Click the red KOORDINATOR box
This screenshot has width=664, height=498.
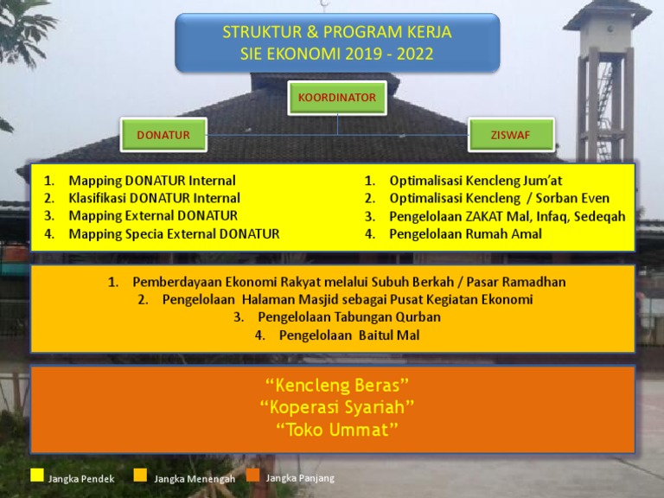(337, 98)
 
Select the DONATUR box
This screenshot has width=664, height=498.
(163, 135)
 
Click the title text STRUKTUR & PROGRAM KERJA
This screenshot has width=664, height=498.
(337, 33)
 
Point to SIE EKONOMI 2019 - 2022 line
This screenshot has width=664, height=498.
(337, 54)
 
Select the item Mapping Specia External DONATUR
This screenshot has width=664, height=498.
(174, 233)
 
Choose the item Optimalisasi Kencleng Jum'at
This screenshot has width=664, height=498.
(476, 181)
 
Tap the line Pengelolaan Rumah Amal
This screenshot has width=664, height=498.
(465, 233)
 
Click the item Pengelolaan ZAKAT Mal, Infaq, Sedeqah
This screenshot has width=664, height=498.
(507, 216)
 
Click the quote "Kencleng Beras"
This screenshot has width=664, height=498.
(337, 384)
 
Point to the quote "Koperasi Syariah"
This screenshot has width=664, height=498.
(337, 406)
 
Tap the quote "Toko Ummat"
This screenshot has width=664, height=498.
(337, 430)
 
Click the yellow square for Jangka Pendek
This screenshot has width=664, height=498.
(37, 475)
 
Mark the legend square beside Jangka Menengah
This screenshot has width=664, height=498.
(141, 475)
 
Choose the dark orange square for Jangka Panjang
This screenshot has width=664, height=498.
(252, 475)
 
